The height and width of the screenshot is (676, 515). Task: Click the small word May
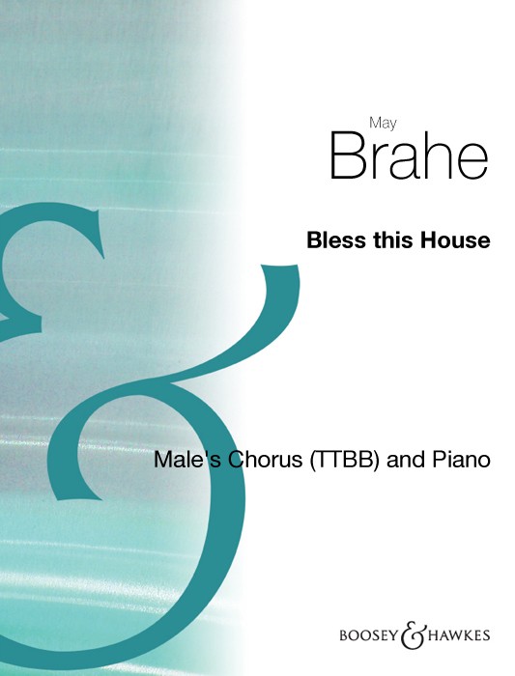383,124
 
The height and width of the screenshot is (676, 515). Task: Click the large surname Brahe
409,156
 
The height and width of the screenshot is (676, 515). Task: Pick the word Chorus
265,460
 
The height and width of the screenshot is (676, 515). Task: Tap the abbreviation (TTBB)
344,461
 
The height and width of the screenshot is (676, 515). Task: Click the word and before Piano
406,460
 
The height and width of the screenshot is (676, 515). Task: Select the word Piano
461,460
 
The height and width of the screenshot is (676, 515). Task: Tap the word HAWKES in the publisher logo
459,635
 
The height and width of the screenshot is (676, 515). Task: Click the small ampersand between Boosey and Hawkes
414,635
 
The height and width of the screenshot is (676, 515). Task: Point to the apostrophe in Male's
204,453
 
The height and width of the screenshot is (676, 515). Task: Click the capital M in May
375,123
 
